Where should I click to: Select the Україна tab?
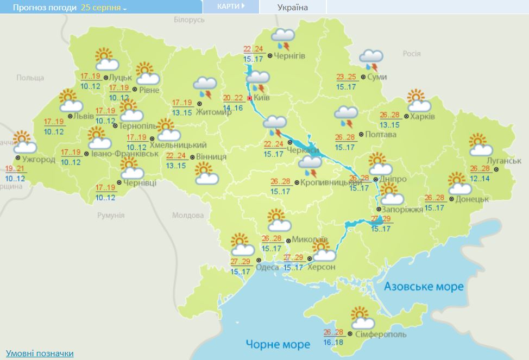tap(292, 8)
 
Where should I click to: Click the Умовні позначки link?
tap(40, 353)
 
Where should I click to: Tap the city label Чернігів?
tap(289, 56)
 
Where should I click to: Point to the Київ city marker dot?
tap(249, 98)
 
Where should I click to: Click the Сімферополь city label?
tap(380, 334)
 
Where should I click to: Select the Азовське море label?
tap(424, 286)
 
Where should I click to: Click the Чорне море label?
tap(278, 344)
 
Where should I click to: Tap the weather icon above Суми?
tap(371, 59)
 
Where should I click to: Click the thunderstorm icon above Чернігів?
tap(282, 39)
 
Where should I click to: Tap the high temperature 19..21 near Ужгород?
tap(15, 169)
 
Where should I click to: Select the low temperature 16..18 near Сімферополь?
tap(333, 343)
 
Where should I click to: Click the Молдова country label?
tap(188, 215)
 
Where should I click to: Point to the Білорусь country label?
tap(190, 20)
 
